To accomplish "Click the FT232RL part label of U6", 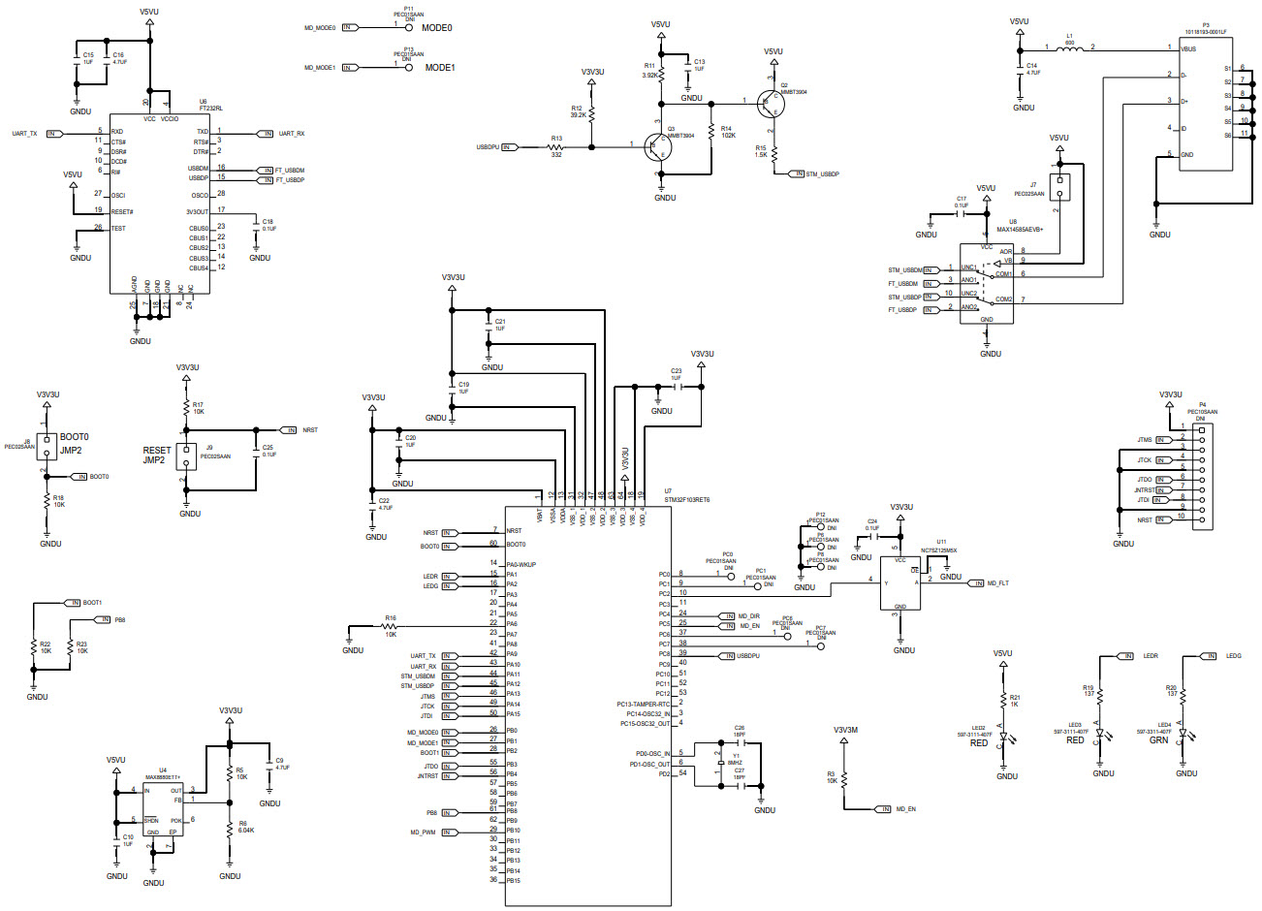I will [210, 109].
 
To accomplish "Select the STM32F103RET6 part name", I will [686, 500].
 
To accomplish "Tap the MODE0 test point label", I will [436, 28].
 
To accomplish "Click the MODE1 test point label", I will [438, 68].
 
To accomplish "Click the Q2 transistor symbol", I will [771, 101].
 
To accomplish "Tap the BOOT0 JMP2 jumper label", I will [72, 444].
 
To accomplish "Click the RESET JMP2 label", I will [156, 455].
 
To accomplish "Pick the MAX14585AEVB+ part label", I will [1025, 228].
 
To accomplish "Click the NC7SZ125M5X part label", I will [939, 550].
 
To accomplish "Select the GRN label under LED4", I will [1158, 740].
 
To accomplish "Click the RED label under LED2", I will [979, 743].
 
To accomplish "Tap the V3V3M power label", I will [845, 730].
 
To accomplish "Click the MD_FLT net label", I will [997, 583].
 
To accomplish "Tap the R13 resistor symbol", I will [556, 147].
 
